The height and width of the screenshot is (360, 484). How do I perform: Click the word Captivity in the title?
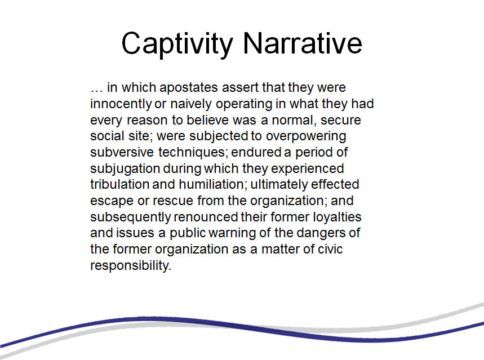pyautogui.click(x=177, y=44)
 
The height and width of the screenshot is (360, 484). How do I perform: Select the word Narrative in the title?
pyautogui.click(x=302, y=43)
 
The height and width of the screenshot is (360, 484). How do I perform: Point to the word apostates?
pyautogui.click(x=189, y=88)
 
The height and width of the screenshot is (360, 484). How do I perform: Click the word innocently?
pyautogui.click(x=121, y=104)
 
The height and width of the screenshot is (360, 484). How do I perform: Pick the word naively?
pyautogui.click(x=191, y=104)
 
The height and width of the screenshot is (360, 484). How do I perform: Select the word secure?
pyautogui.click(x=340, y=121)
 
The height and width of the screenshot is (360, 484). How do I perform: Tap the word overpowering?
pyautogui.click(x=306, y=136)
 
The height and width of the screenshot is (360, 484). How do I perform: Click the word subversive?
pyautogui.click(x=122, y=152)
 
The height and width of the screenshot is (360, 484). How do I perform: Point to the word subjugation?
pyautogui.click(x=125, y=169)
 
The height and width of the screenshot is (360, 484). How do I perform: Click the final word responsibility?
pyautogui.click(x=131, y=265)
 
